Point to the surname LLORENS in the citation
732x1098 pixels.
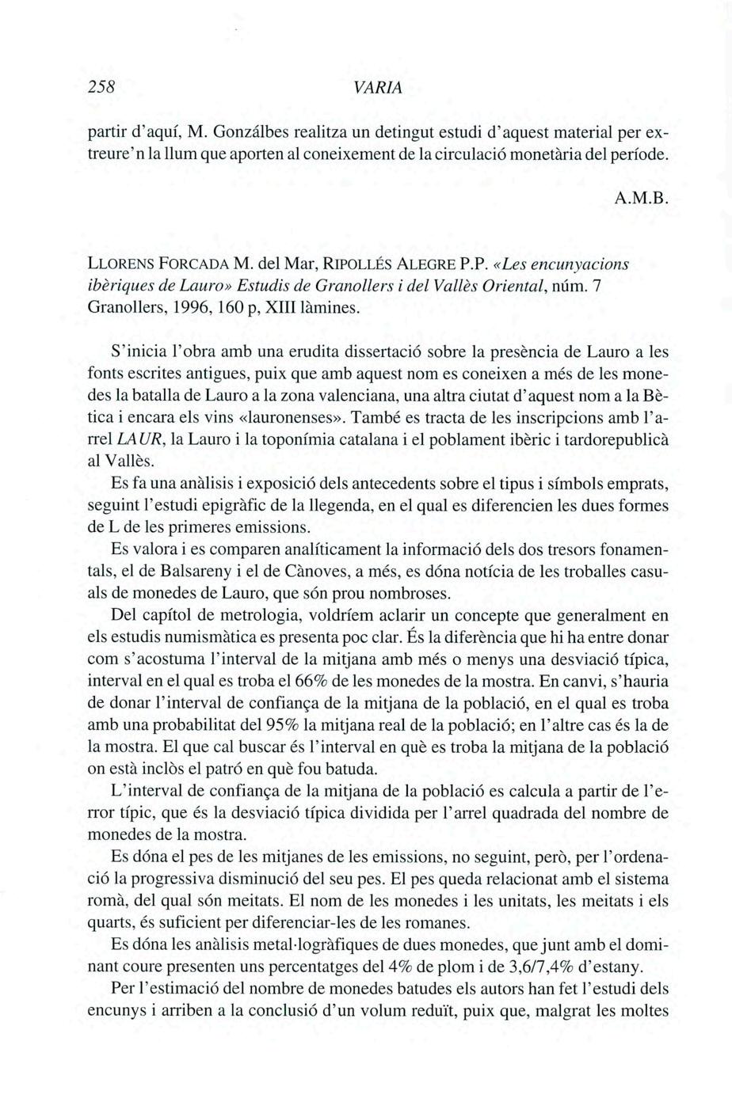click(x=119, y=264)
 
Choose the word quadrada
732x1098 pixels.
click(x=528, y=813)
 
